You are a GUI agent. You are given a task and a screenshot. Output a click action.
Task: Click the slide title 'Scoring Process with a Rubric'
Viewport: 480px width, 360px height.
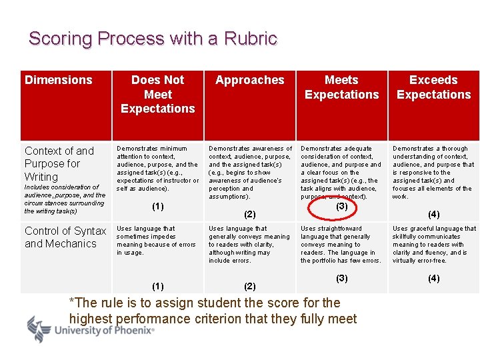(153, 39)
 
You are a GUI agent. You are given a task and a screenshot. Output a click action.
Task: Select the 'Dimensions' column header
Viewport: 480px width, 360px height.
(59, 80)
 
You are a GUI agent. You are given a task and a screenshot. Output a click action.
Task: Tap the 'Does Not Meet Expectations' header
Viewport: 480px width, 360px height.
(158, 94)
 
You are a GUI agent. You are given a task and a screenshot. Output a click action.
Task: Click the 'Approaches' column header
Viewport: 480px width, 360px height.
(250, 80)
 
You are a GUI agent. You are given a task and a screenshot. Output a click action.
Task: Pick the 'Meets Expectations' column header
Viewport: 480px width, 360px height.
(341, 87)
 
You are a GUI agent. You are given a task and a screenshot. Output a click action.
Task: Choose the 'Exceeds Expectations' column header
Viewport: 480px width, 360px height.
(433, 87)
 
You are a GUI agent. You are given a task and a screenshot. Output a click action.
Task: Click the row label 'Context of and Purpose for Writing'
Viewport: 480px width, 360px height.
(59, 163)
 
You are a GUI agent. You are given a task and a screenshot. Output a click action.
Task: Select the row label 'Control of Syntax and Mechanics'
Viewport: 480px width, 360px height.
(65, 237)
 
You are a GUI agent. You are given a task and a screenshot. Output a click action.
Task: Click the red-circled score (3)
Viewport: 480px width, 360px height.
(341, 207)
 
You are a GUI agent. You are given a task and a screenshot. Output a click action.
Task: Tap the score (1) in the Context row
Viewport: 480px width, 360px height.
(158, 207)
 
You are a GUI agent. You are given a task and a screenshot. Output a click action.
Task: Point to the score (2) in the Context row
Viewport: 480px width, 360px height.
(250, 215)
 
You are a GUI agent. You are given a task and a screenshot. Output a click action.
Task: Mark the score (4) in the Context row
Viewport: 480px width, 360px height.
(433, 215)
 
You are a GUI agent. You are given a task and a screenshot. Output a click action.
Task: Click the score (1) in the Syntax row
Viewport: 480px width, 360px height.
(158, 286)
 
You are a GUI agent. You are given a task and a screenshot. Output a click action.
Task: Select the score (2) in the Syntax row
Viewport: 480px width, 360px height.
(250, 286)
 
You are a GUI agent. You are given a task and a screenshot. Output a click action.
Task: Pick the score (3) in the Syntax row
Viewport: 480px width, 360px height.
(341, 278)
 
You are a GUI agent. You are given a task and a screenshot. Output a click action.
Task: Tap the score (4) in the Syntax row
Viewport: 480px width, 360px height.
(433, 278)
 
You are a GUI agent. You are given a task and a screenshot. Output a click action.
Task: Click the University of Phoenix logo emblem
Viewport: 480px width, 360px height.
(39, 329)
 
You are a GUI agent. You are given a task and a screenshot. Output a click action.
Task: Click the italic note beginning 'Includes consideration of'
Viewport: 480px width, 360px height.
(65, 199)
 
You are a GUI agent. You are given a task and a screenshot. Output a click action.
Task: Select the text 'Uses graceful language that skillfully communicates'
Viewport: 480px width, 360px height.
(434, 233)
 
